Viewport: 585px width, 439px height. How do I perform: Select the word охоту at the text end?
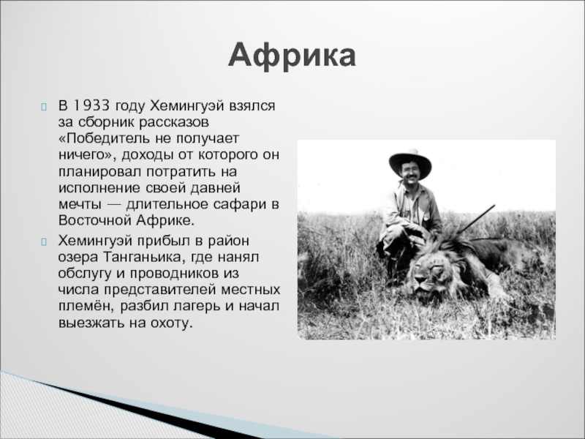pyautogui.click(x=171, y=323)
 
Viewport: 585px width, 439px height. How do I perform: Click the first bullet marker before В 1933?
pyautogui.click(x=44, y=107)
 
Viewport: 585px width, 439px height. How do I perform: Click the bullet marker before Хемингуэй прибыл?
pyautogui.click(x=44, y=242)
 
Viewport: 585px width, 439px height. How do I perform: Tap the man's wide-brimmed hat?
pyautogui.click(x=410, y=162)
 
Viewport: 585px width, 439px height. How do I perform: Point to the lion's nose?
pyautogui.click(x=420, y=279)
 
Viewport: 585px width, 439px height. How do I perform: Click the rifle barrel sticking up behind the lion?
pyautogui.click(x=476, y=219)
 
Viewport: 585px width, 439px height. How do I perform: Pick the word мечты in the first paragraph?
pyautogui.click(x=80, y=205)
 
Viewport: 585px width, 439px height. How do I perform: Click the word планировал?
pyautogui.click(x=99, y=172)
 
